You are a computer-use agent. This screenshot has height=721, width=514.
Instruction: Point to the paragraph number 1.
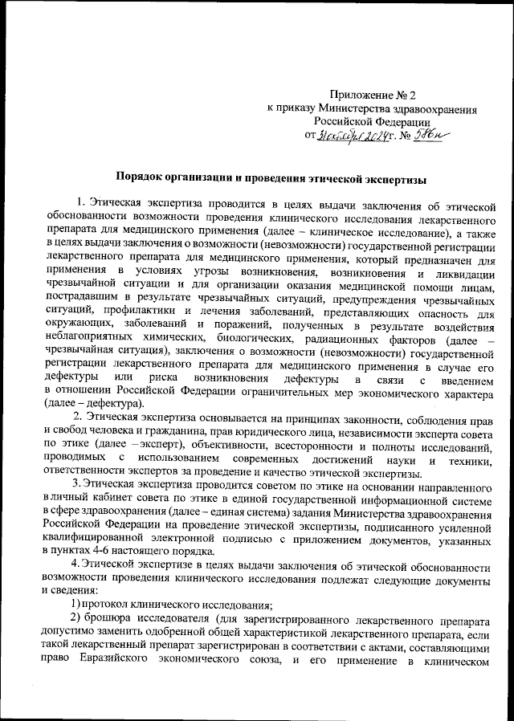(80, 198)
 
